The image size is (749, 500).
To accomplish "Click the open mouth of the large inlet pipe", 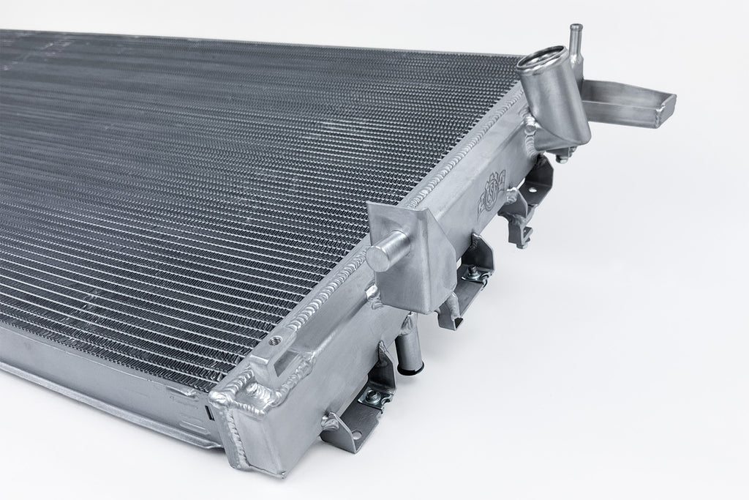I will [538, 59].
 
